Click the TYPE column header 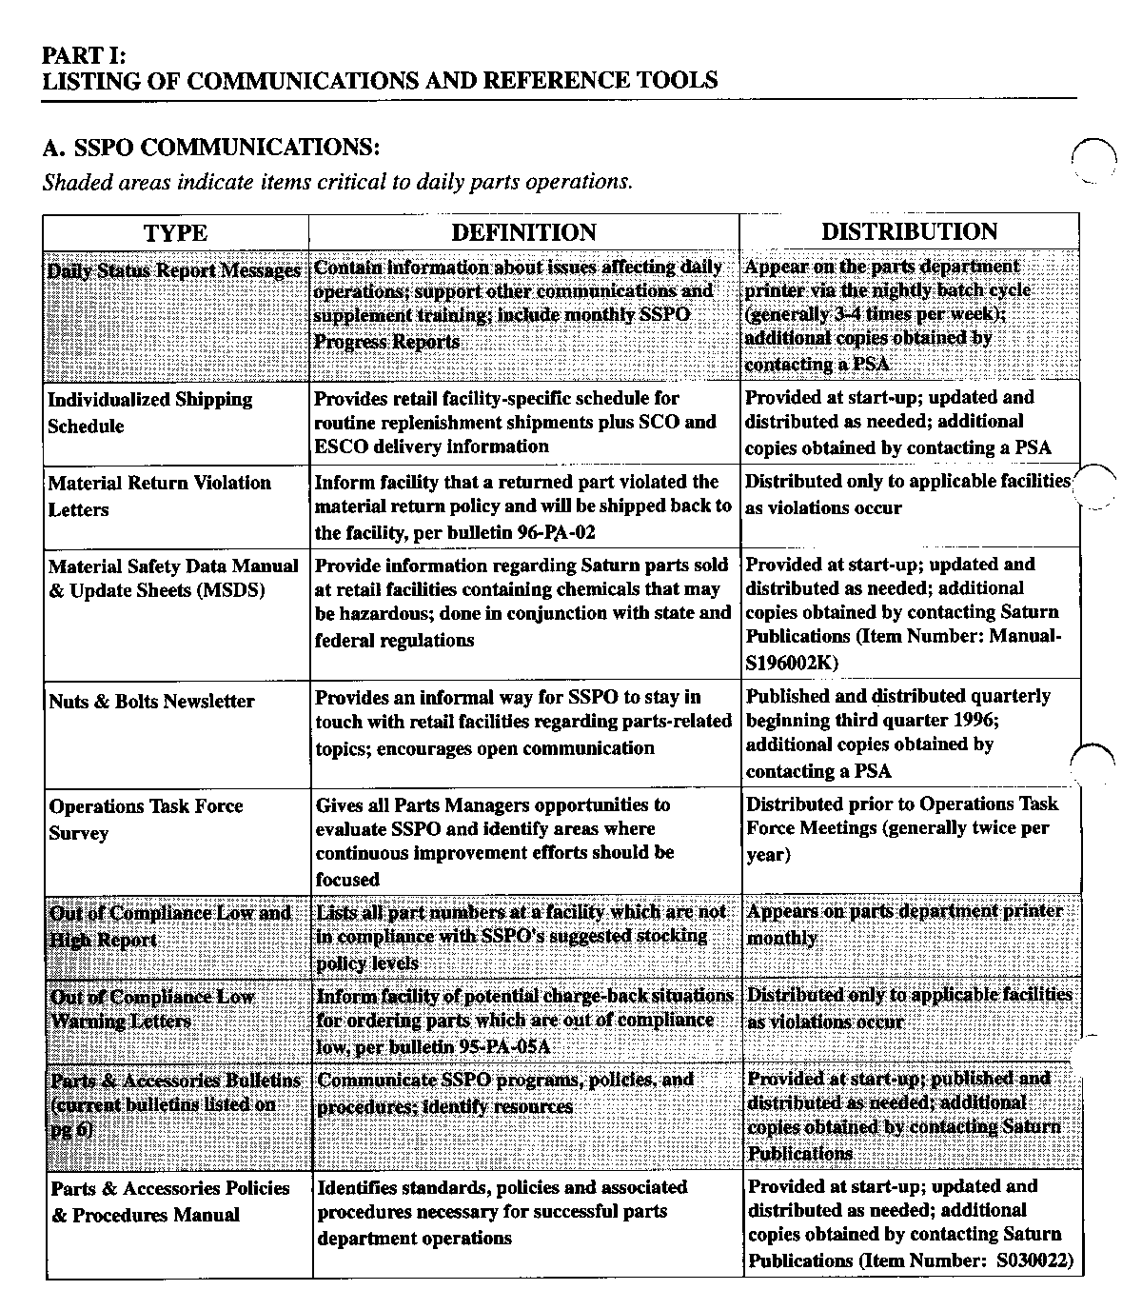tap(175, 233)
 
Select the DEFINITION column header tap(523, 233)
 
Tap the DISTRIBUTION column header tap(909, 232)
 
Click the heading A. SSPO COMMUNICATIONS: tap(211, 149)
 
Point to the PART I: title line tap(84, 55)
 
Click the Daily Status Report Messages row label tap(174, 270)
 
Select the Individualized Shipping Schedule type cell tap(150, 412)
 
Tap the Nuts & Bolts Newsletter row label tap(151, 702)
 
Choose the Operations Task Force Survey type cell tap(146, 819)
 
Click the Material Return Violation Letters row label tap(159, 495)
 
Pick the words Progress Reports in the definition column tap(386, 342)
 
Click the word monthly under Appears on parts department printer tap(781, 938)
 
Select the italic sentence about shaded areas tap(337, 181)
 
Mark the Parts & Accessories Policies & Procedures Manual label tap(169, 1201)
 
